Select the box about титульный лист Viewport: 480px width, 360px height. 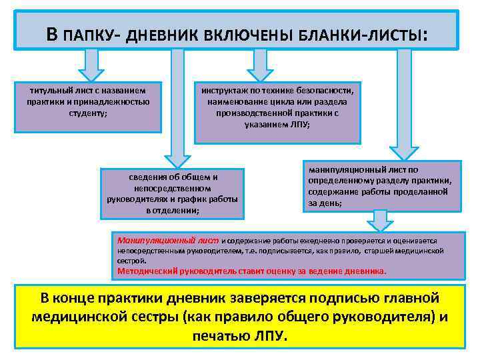click(x=88, y=107)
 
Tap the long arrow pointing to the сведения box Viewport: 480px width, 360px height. click(x=177, y=107)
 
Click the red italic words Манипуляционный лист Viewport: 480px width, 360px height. click(x=167, y=239)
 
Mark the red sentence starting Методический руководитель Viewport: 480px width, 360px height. click(x=251, y=271)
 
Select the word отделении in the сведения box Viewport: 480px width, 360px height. click(x=176, y=211)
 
